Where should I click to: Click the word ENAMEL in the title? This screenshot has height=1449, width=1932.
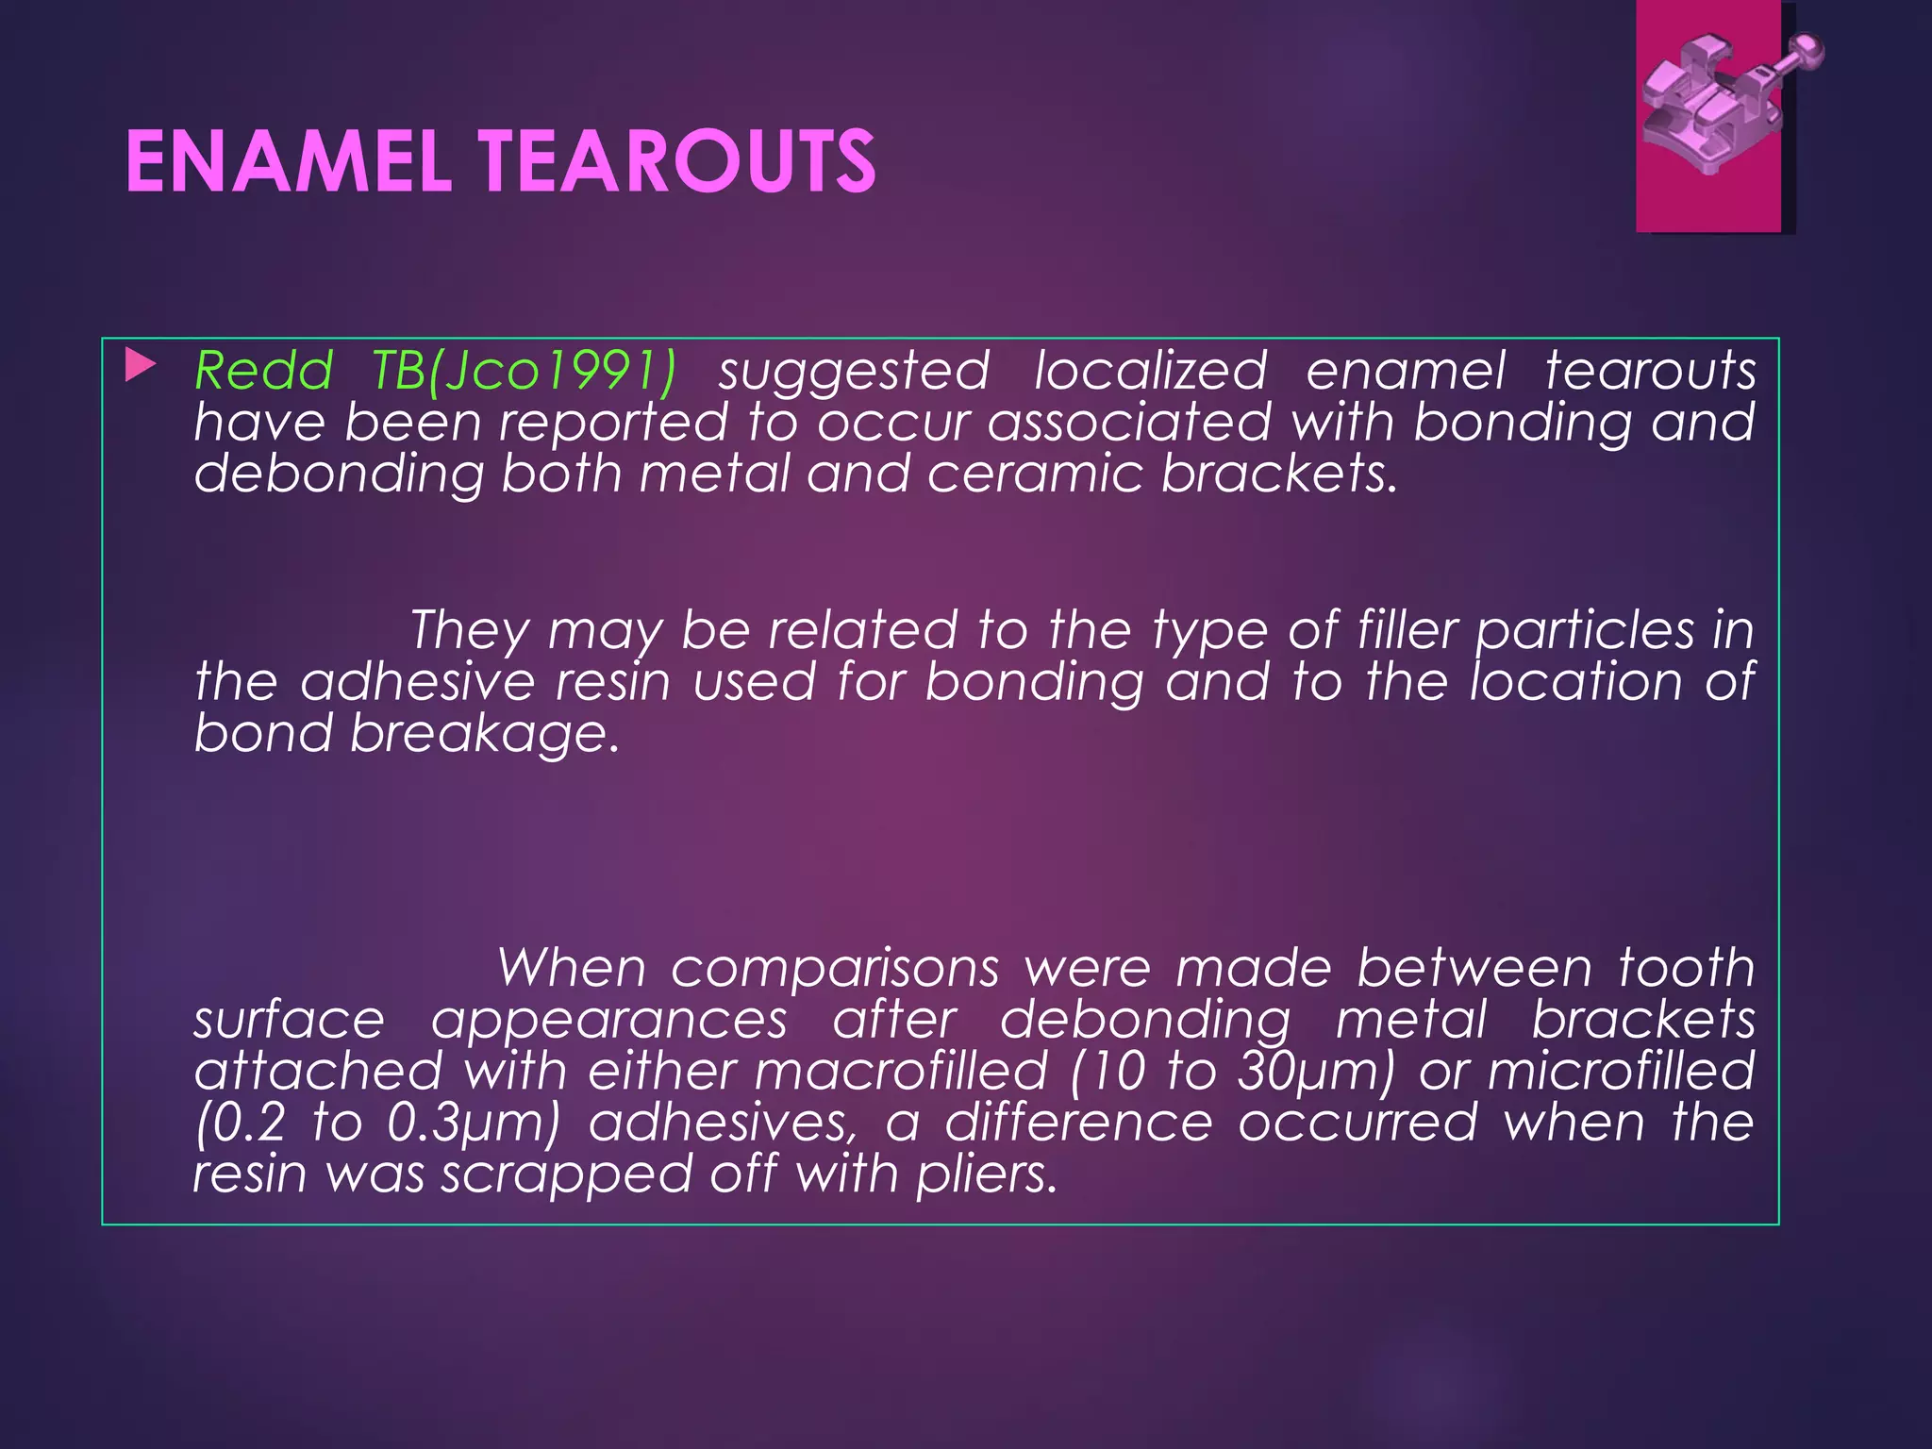pyautogui.click(x=289, y=162)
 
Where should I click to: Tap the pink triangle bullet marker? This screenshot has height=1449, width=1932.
pyautogui.click(x=140, y=366)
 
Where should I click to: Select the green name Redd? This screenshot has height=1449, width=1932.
pyautogui.click(x=264, y=370)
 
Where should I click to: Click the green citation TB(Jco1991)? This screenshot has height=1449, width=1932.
pyautogui.click(x=524, y=372)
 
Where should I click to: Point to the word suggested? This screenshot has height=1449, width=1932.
pyautogui.click(x=854, y=372)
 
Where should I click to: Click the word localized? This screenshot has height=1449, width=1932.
pyautogui.click(x=1150, y=370)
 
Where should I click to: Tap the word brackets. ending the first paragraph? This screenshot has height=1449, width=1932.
pyautogui.click(x=1278, y=473)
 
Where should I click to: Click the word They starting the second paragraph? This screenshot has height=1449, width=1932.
pyautogui.click(x=469, y=630)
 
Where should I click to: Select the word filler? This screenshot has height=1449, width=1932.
pyautogui.click(x=1407, y=630)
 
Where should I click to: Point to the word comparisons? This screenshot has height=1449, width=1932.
pyautogui.click(x=835, y=969)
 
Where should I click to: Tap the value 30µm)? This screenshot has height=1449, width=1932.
pyautogui.click(x=1315, y=1072)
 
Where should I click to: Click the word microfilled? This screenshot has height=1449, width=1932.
pyautogui.click(x=1621, y=1072)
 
